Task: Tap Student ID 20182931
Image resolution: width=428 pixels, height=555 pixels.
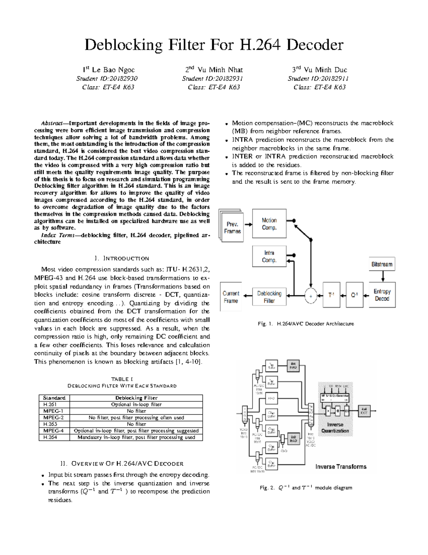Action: (213, 79)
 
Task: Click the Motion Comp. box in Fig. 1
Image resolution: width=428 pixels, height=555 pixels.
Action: (269, 224)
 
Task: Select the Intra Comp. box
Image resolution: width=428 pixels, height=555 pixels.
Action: (269, 256)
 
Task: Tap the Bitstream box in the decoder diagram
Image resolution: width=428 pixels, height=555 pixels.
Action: (382, 264)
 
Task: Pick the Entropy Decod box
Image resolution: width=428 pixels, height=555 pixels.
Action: (382, 295)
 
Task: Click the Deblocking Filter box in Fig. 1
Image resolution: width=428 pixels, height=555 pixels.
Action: (269, 297)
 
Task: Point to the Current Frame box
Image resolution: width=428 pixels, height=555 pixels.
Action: (231, 297)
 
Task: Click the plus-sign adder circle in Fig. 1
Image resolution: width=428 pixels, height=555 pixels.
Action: (311, 296)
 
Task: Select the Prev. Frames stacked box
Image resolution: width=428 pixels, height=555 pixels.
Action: (232, 228)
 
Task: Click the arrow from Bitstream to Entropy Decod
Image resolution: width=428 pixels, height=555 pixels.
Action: (382, 276)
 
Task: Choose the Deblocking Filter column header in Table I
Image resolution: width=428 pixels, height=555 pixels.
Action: (136, 398)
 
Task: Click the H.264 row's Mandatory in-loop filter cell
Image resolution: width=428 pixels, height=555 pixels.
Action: (136, 437)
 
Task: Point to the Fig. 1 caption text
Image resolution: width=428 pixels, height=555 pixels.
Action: (306, 324)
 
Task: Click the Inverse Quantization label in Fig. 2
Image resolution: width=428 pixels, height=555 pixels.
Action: (335, 428)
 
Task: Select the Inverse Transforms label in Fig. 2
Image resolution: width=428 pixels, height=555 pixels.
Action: (341, 467)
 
